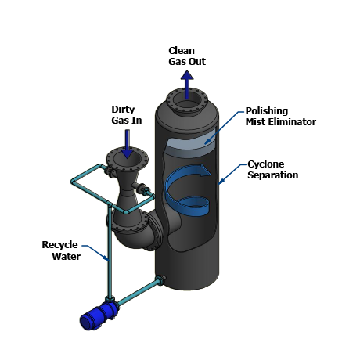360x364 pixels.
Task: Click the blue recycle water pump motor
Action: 99,316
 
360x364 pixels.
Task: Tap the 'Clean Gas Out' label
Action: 187,56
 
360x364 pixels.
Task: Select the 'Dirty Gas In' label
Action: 127,115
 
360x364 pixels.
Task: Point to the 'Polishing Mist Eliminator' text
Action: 281,117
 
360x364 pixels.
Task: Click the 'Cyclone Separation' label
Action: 273,170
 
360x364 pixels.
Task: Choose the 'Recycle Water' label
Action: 62,250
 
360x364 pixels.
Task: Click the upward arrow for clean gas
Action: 187,85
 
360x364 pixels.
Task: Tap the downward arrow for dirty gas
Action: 128,144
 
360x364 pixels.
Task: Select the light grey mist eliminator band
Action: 190,142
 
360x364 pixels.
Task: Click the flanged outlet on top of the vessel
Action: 187,101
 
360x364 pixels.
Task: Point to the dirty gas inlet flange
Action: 127,158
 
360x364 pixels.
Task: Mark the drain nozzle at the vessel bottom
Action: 161,280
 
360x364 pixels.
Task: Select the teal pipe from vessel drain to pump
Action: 138,293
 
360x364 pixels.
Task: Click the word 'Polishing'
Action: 267,111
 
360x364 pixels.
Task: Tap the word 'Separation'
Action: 273,175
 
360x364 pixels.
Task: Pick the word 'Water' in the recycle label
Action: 66,257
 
